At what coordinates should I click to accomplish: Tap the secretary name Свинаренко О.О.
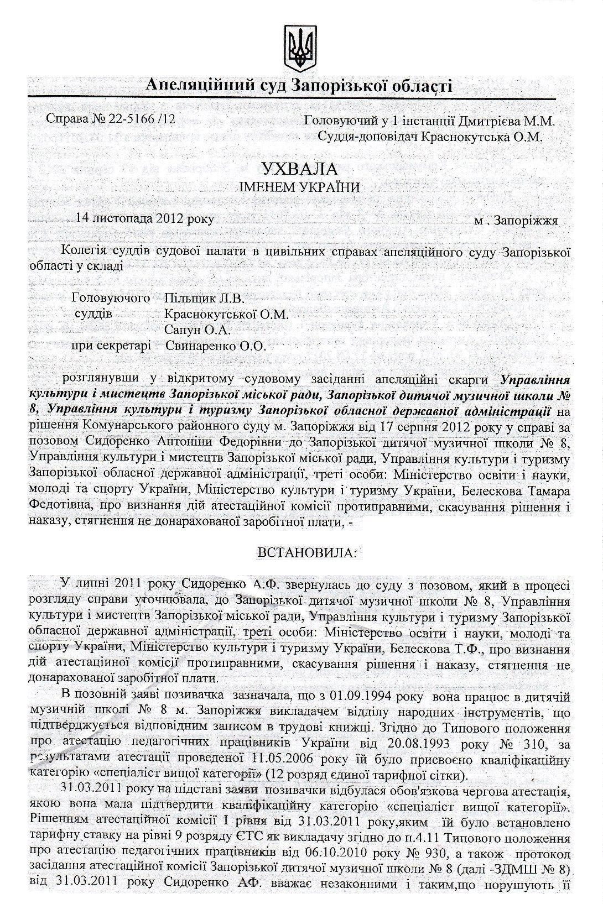(216, 347)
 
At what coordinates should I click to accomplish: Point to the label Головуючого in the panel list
(111, 299)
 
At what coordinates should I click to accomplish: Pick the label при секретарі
(111, 347)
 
